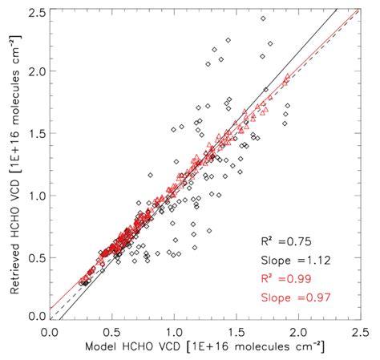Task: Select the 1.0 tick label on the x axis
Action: (173, 330)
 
